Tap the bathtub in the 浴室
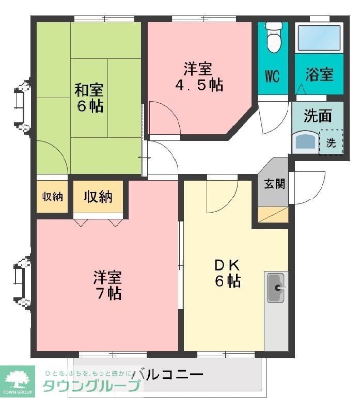pos(319,38)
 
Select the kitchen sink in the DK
pos(276,288)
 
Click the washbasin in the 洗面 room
pos(305,142)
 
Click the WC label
pos(272,76)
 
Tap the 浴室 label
pos(319,74)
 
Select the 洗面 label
pos(318,116)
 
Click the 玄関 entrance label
pos(274,184)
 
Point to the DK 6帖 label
pos(227,273)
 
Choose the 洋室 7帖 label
pos(107,285)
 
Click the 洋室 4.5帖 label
pos(199,76)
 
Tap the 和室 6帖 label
pos(89,98)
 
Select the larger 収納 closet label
pos(98,197)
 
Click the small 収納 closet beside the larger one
pos(52,197)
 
